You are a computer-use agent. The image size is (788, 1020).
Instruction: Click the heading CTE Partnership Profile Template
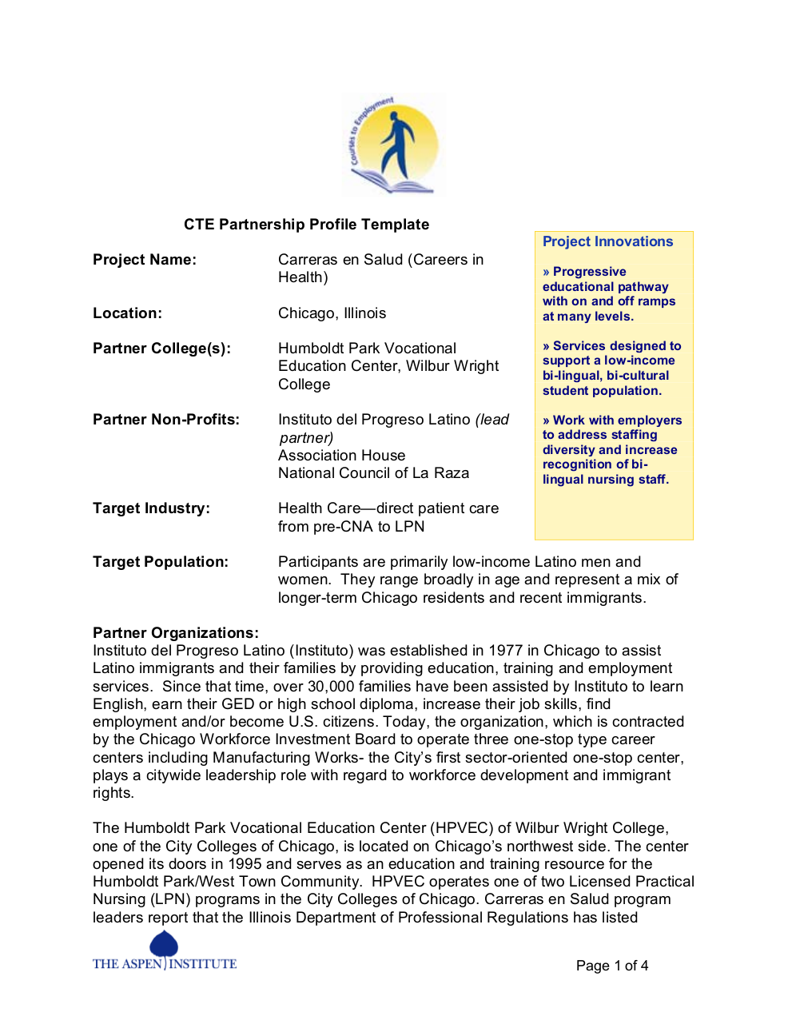[x=306, y=225]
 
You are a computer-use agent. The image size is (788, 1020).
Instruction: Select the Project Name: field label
[x=145, y=260]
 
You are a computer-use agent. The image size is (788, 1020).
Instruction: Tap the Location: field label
[x=127, y=313]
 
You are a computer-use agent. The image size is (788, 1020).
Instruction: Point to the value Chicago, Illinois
[x=332, y=313]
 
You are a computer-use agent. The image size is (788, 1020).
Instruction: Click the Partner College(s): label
[x=161, y=349]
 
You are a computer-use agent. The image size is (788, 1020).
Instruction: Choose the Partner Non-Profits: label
[x=166, y=420]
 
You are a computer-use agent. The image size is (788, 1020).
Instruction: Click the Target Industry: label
[x=151, y=508]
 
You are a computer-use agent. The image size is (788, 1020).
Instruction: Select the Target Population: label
[x=161, y=562]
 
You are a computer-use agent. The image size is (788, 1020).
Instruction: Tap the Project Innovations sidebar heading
[x=607, y=241]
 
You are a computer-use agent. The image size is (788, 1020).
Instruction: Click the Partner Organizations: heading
[x=176, y=633]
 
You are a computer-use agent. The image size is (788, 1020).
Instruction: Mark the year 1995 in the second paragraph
[x=245, y=864]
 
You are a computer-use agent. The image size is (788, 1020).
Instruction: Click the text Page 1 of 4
[x=612, y=966]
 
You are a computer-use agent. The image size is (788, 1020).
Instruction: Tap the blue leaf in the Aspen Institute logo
[x=164, y=944]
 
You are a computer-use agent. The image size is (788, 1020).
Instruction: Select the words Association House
[x=341, y=456]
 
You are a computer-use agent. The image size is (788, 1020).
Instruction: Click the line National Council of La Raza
[x=373, y=473]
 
